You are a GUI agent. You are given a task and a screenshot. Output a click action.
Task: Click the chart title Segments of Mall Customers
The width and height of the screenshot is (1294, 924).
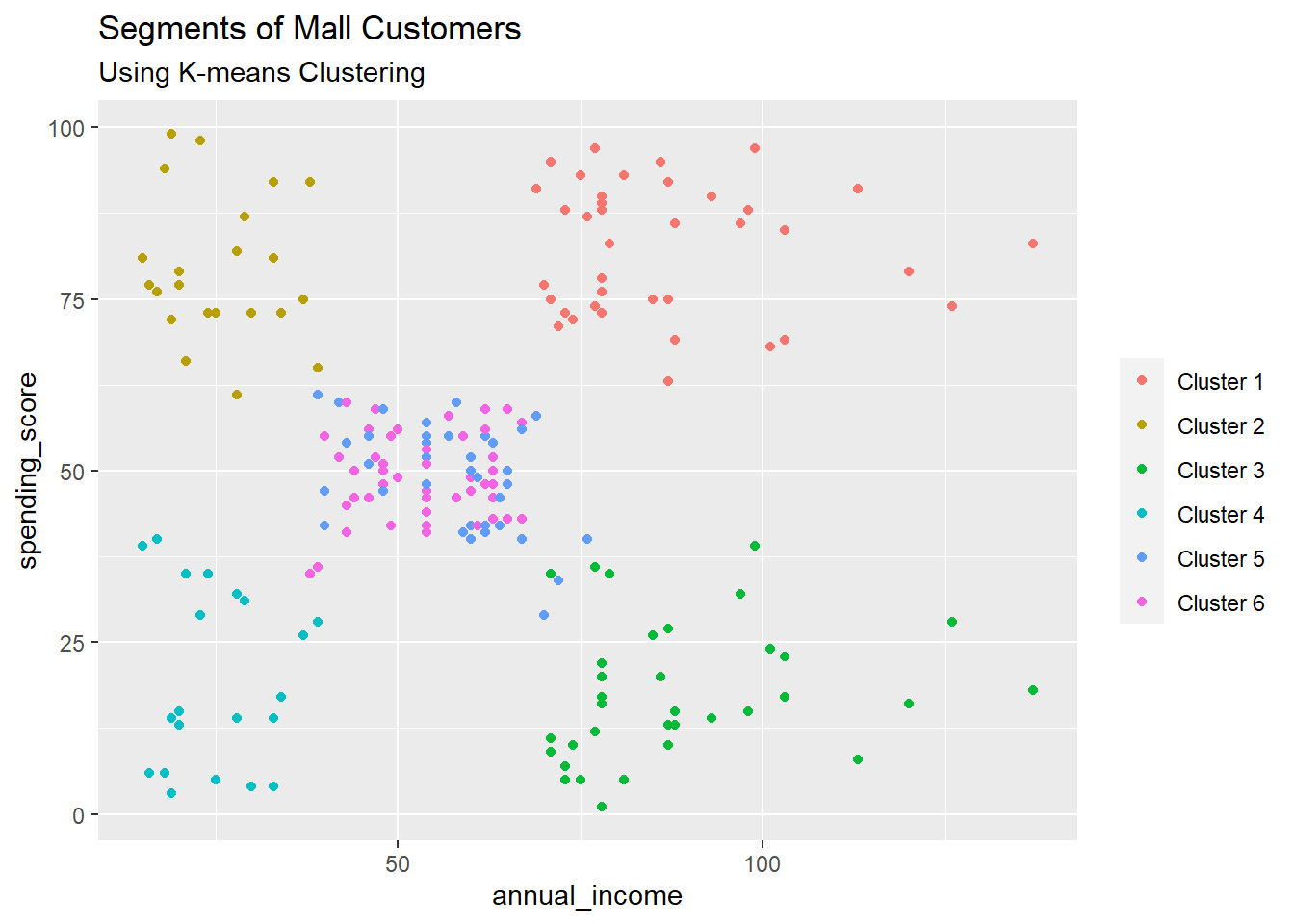coord(309,29)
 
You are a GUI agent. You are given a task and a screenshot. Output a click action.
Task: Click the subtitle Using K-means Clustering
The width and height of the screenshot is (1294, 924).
coord(261,73)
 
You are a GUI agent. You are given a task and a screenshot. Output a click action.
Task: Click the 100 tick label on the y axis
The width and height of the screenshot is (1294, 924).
coord(66,128)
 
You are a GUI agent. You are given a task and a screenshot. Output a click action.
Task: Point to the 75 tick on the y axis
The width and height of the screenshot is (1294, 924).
coord(72,299)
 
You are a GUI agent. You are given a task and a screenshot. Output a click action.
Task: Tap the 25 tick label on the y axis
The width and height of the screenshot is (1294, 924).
coord(72,643)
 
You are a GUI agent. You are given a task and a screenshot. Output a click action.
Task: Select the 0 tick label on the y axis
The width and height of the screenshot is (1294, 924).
coord(79,815)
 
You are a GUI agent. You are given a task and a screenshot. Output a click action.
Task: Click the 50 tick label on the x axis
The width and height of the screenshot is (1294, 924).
coord(398,863)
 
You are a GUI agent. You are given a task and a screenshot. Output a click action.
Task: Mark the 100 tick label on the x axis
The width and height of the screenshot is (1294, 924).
coord(762,863)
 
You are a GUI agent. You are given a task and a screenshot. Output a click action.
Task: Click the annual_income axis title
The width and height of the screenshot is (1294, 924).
coord(586,896)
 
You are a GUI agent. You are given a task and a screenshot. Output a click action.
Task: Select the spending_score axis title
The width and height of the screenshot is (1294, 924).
coord(28,471)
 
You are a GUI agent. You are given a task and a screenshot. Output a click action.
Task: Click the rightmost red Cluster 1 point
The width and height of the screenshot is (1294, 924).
coord(1033,244)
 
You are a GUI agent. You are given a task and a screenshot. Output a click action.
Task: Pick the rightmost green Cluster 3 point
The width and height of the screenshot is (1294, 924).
coord(1033,690)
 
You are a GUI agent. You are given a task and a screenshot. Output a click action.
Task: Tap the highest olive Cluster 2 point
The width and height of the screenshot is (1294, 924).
coord(171,134)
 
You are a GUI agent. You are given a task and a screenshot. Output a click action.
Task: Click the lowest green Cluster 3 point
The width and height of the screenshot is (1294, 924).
coord(602,807)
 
